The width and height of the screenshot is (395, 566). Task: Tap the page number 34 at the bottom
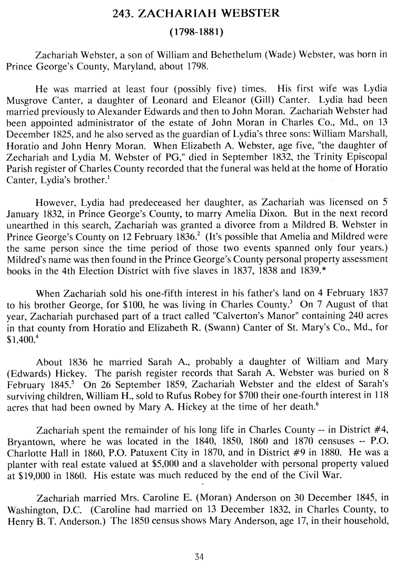point(198,556)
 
